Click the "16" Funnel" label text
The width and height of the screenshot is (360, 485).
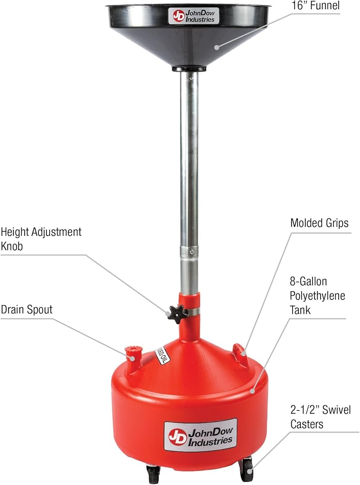point(315,5)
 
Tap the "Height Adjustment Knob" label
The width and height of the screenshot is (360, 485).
point(41,239)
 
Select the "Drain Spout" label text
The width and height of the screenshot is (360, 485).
point(27,309)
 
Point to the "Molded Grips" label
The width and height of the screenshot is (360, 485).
point(319,223)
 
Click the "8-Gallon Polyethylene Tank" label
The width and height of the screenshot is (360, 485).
point(317,296)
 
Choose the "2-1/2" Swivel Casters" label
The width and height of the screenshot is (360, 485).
point(321,417)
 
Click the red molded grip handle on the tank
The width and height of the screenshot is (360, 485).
point(240,351)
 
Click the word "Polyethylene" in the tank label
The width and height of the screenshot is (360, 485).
point(317,296)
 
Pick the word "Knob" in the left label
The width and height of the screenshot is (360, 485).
point(12,246)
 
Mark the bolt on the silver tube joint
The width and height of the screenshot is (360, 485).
point(192,251)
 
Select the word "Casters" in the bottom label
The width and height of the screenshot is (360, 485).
point(307,424)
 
